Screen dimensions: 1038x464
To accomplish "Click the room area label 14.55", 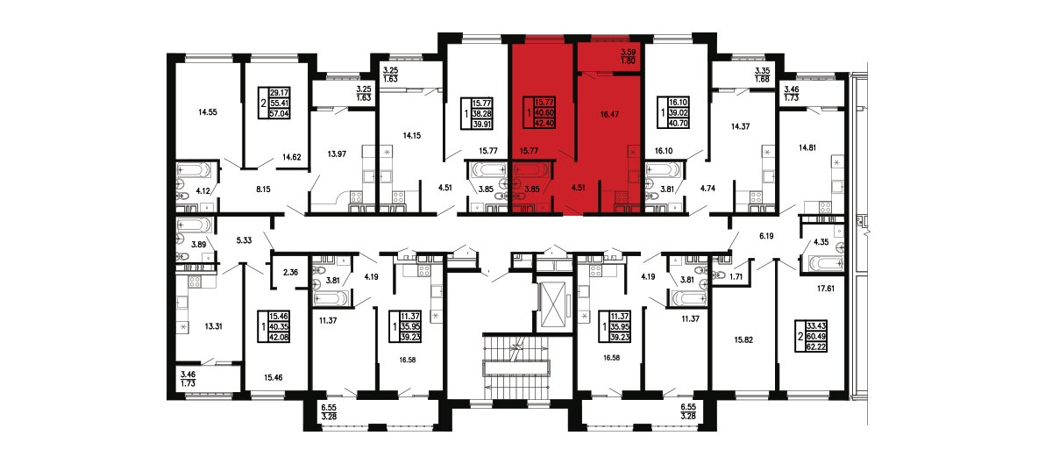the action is [x=207, y=113].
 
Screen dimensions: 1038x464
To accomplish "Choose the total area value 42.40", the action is [x=544, y=123].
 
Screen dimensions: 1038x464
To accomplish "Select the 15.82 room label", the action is [x=743, y=339].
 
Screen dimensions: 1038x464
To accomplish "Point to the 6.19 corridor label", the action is [x=766, y=235].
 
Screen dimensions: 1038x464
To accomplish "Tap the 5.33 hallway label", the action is [x=245, y=241].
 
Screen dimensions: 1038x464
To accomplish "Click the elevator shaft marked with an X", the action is [x=553, y=303].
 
